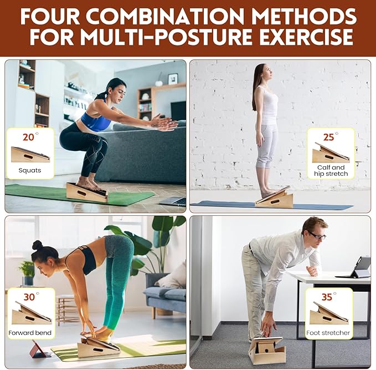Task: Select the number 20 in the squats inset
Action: click(x=28, y=137)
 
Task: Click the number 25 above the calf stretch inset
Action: click(x=328, y=137)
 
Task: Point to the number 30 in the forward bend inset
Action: click(x=29, y=297)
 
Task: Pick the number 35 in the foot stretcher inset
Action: click(x=327, y=297)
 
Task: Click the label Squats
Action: click(x=30, y=170)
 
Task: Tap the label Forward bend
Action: click(x=30, y=333)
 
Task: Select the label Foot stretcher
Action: click(x=328, y=333)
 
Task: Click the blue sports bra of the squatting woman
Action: click(x=95, y=120)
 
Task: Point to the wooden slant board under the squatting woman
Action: click(x=87, y=192)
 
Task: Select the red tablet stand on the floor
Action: click(x=40, y=349)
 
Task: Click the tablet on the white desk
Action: click(x=360, y=267)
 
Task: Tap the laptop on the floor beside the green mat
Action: click(x=173, y=201)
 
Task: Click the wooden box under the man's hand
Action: click(x=267, y=349)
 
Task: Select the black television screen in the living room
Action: click(x=178, y=110)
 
